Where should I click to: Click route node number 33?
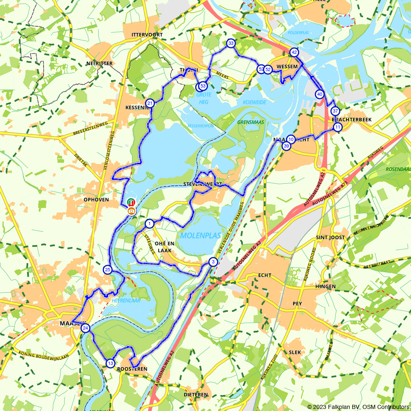(231, 43)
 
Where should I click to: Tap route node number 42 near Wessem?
(294, 52)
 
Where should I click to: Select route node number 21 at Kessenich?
(150, 103)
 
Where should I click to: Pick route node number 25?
(108, 270)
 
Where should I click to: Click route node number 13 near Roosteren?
(110, 363)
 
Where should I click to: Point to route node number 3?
(213, 262)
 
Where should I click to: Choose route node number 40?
(320, 94)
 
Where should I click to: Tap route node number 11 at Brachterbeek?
(337, 127)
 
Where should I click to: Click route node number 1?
(149, 224)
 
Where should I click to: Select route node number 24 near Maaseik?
(85, 328)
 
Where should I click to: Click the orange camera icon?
(132, 211)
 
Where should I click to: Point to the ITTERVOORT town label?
(147, 35)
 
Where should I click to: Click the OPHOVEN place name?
(96, 200)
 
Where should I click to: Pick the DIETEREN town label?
(196, 395)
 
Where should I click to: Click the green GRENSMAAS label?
(250, 122)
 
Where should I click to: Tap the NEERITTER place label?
(99, 64)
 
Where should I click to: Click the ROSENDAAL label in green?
(398, 169)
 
